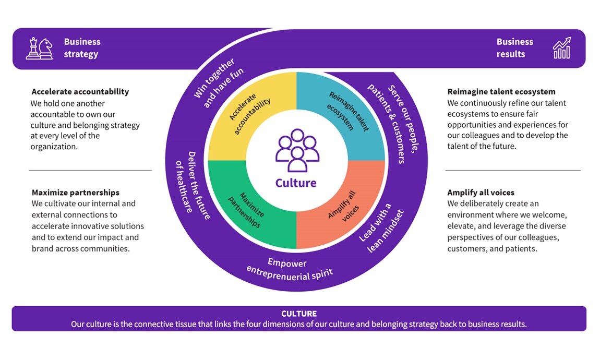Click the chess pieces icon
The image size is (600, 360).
39,49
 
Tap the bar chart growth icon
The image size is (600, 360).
561,48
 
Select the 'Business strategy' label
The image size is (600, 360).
82,48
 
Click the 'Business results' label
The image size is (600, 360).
514,48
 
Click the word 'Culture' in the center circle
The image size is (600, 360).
296,183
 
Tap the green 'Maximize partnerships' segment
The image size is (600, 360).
246,209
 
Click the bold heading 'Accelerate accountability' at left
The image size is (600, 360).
80,92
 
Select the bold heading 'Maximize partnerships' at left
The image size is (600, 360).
75,193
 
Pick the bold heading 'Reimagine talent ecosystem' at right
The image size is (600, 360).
501,92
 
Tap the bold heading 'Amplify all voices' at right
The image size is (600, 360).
481,193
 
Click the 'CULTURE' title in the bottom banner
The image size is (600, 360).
299,314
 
